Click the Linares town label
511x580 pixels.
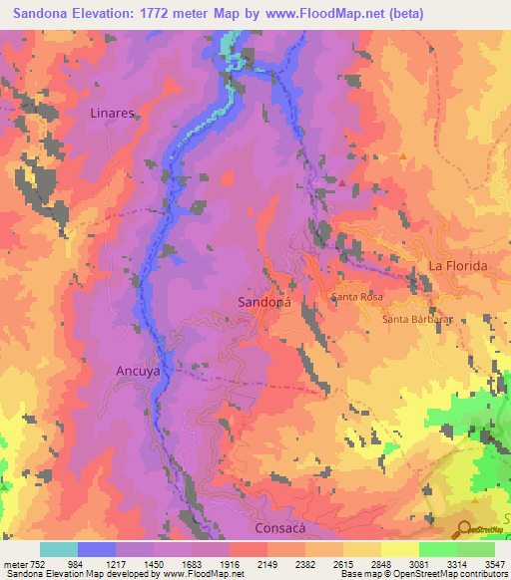[x=112, y=114]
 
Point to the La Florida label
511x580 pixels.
[x=458, y=266]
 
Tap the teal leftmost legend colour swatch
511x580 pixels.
[x=58, y=550]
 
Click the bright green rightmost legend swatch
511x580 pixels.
[x=476, y=550]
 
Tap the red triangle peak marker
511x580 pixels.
[x=342, y=182]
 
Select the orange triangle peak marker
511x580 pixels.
[x=402, y=156]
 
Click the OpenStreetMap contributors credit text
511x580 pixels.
[x=457, y=575]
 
